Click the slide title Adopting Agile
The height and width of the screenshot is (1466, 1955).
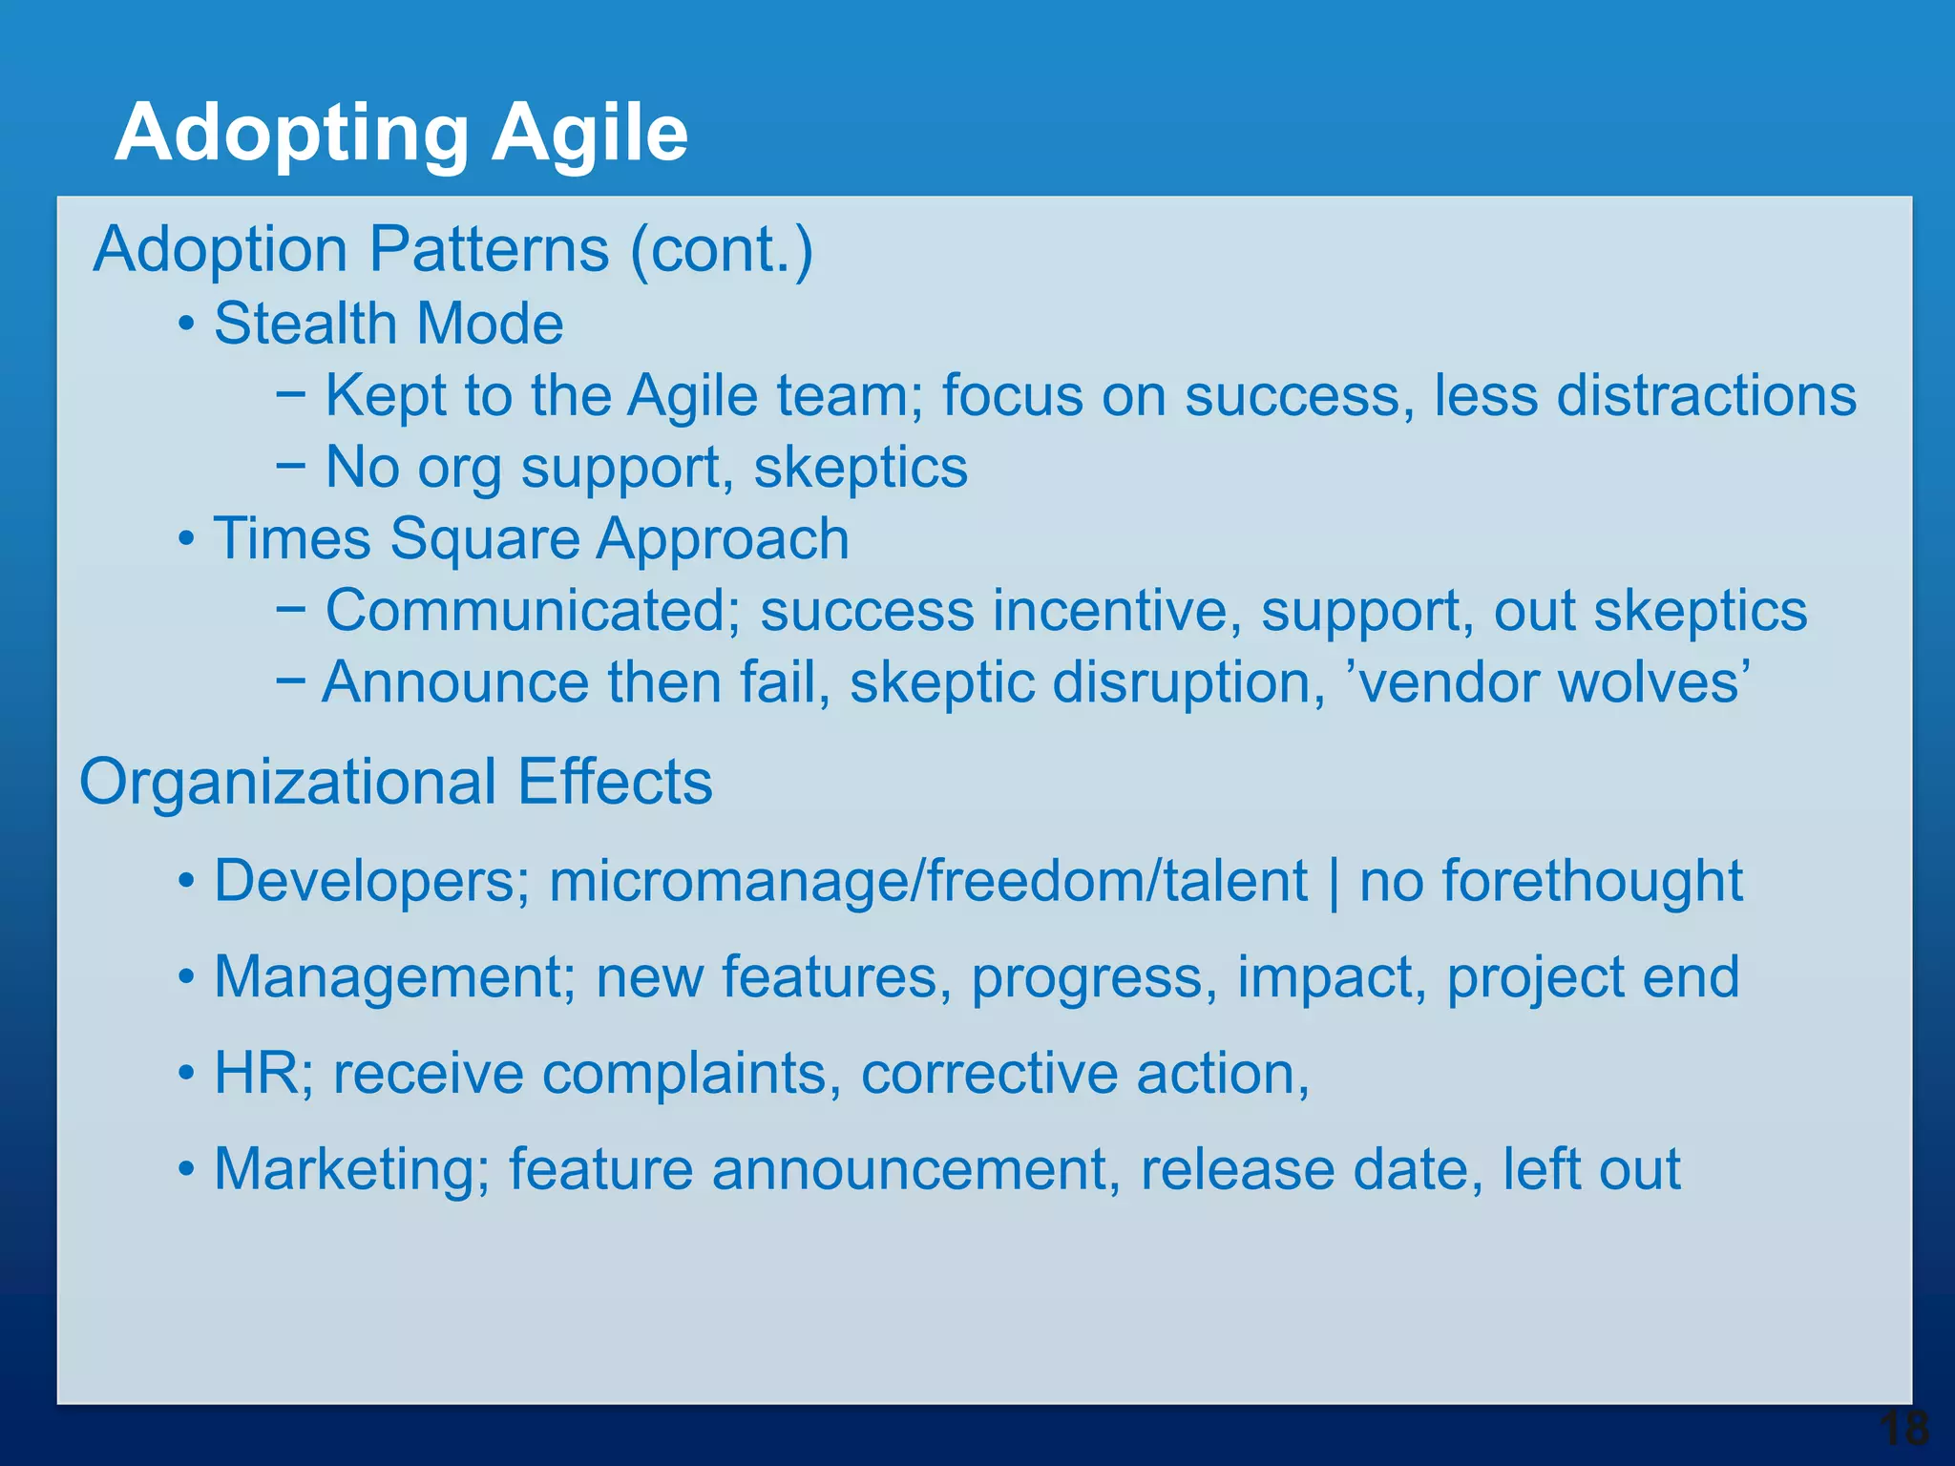pyautogui.click(x=401, y=134)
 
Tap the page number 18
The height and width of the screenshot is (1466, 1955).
pyautogui.click(x=1903, y=1429)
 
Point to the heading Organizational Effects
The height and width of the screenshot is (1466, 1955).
pyautogui.click(x=395, y=782)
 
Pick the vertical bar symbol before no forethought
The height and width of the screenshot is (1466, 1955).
pyautogui.click(x=1334, y=881)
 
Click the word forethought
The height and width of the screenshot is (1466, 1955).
pyautogui.click(x=1592, y=880)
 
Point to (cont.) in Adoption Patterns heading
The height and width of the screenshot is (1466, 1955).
pyautogui.click(x=721, y=250)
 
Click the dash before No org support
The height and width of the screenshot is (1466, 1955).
pyautogui.click(x=291, y=467)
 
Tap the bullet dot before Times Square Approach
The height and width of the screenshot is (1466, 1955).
pyautogui.click(x=187, y=540)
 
